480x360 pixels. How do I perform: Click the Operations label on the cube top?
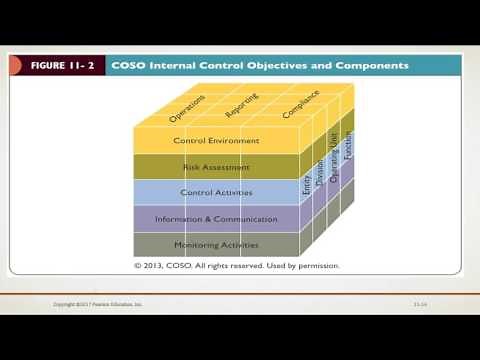pos(188,109)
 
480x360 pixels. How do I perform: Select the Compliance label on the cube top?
pos(300,106)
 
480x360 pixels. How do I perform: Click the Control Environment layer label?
pos(216,141)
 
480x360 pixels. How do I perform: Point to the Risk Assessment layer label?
pos(216,167)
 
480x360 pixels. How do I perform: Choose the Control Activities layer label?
pos(216,193)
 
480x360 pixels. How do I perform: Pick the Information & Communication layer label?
pos(216,219)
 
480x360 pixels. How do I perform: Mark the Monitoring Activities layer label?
pos(216,245)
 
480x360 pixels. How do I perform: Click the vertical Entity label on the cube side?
pos(306,186)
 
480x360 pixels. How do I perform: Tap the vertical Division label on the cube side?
pos(320,174)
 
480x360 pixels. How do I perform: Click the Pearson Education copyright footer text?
pos(98,304)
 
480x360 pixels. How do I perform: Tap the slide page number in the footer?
pos(420,304)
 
